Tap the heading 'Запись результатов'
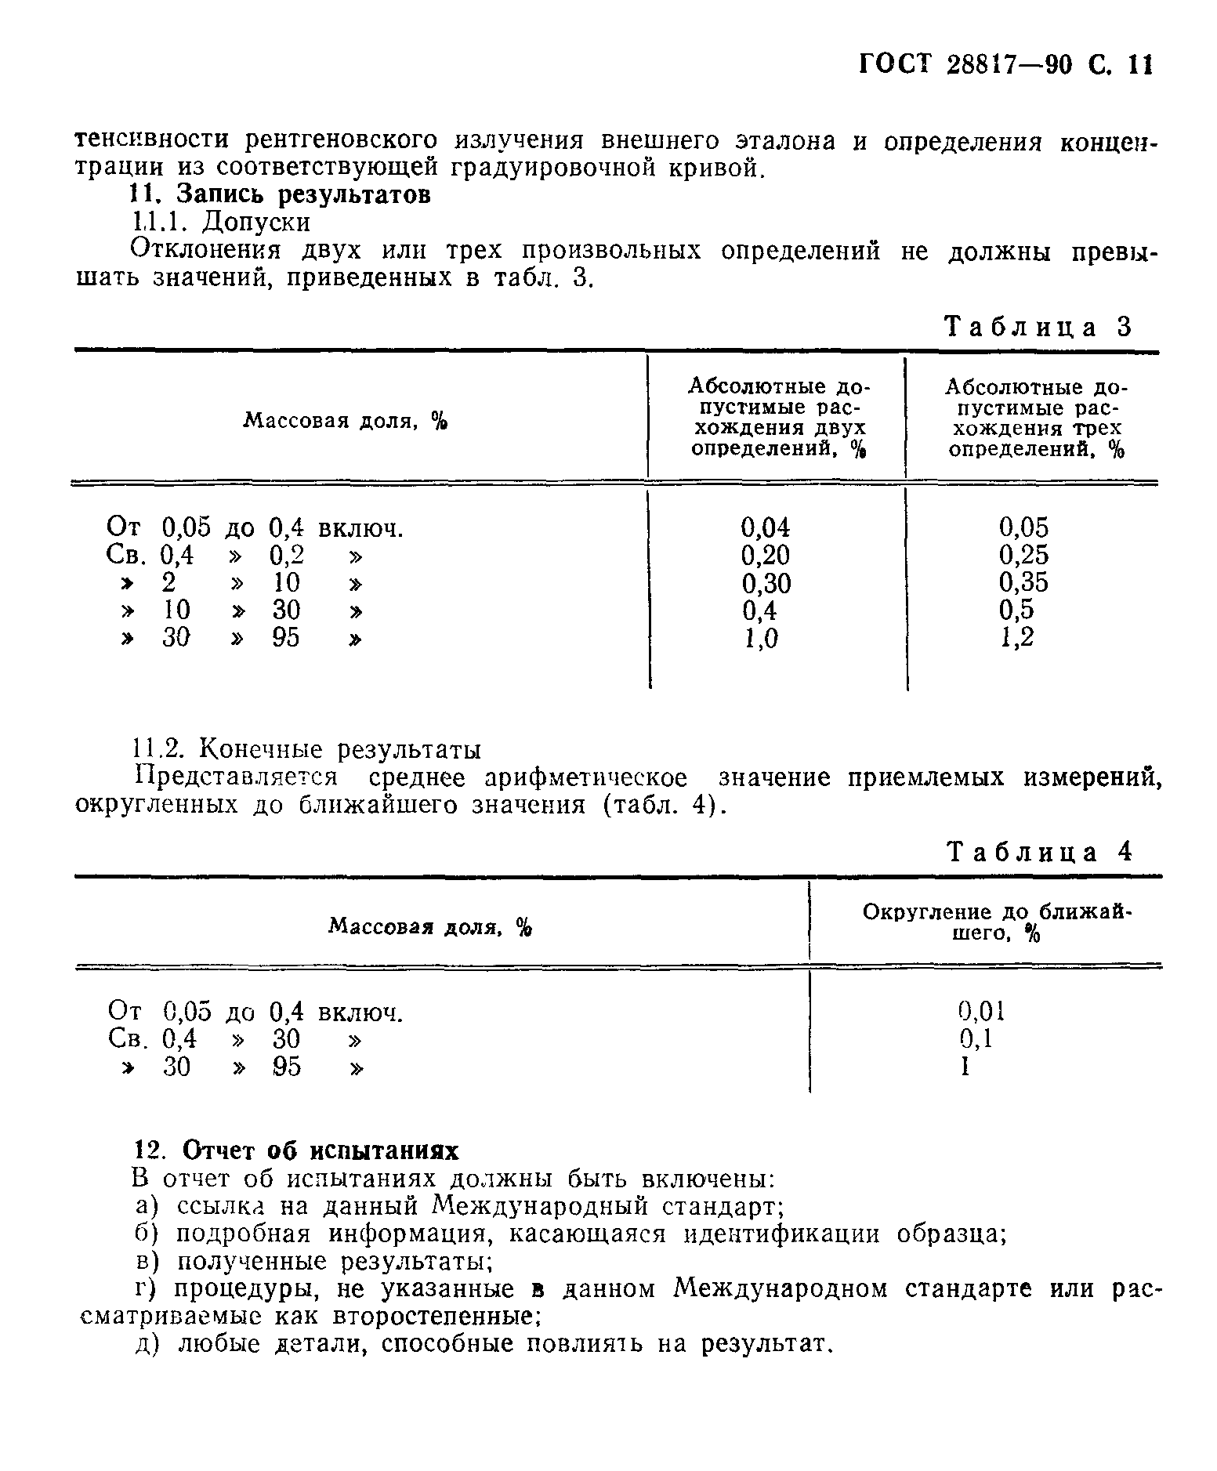click(x=303, y=194)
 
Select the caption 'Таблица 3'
click(x=1039, y=327)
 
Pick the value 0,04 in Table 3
click(x=766, y=527)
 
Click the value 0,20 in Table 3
click(x=766, y=555)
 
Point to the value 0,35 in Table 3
click(x=1023, y=582)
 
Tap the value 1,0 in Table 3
click(x=760, y=639)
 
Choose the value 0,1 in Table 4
click(x=976, y=1038)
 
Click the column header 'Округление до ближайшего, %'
click(x=998, y=922)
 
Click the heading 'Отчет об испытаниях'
click(x=320, y=1150)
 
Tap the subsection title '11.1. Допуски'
click(x=219, y=223)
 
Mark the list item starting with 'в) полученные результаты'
click(x=311, y=1261)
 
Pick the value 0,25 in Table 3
click(x=1023, y=555)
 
